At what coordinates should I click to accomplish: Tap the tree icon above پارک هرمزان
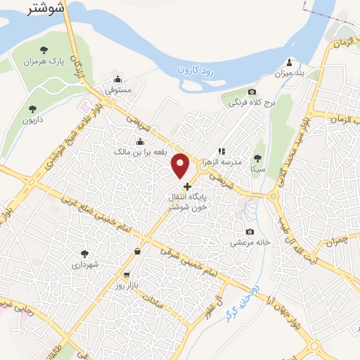pos(44,49)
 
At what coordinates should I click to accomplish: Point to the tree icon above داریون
pos(32,108)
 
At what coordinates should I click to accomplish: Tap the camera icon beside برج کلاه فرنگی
pos(252,92)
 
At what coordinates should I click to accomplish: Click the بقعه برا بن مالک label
pos(140,152)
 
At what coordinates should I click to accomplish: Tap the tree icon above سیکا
pos(258,157)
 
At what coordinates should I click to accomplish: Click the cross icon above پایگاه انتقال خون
pos(187,186)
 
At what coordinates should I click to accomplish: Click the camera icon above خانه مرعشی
pos(250,232)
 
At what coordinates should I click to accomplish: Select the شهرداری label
pos(85,265)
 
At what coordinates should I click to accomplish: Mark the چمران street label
pos(337,242)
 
